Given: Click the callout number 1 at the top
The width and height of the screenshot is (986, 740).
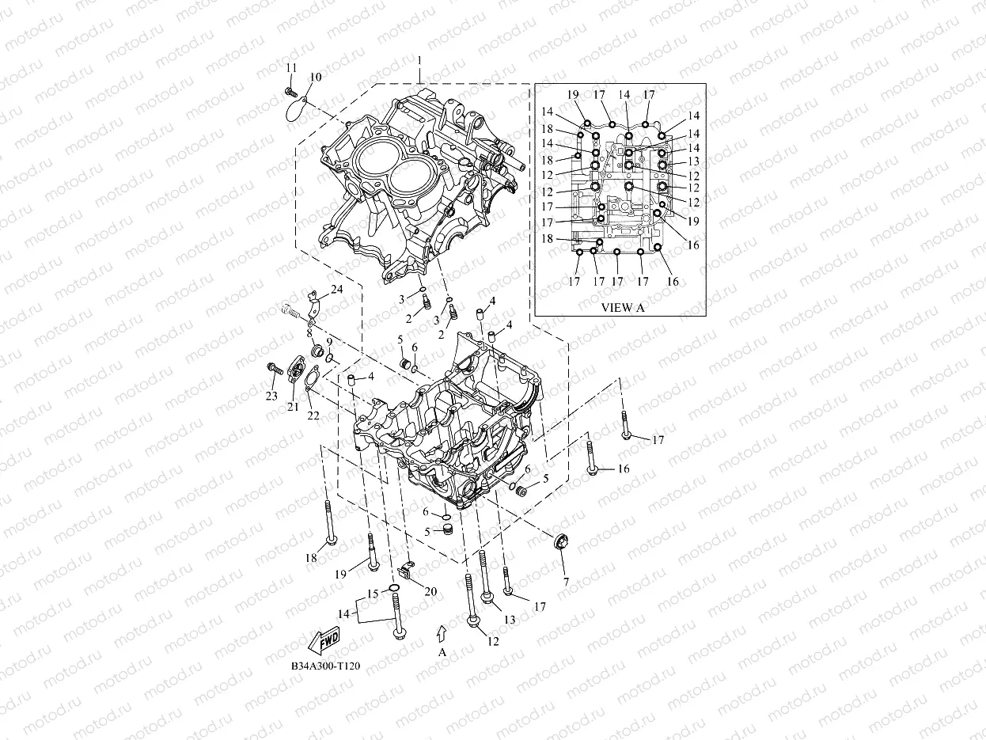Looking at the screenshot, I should [419, 61].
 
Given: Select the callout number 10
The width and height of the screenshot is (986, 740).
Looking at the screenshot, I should [316, 78].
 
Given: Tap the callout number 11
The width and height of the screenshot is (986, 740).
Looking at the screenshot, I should [291, 68].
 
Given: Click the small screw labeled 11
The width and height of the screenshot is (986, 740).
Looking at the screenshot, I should [290, 93].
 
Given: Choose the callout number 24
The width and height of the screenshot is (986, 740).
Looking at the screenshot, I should [337, 290].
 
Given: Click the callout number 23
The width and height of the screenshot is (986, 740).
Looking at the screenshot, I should [271, 396].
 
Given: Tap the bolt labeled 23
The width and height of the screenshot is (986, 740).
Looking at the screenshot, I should [275, 368].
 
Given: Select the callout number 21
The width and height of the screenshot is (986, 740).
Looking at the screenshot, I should [293, 407].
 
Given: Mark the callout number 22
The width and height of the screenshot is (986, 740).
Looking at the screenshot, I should [313, 416].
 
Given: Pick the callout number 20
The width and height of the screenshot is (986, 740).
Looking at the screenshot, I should [430, 591].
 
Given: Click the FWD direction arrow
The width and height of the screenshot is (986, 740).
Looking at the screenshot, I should [323, 639].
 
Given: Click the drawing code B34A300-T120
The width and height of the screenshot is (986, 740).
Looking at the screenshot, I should [325, 667].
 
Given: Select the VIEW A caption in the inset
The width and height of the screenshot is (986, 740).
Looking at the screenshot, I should [623, 308].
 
